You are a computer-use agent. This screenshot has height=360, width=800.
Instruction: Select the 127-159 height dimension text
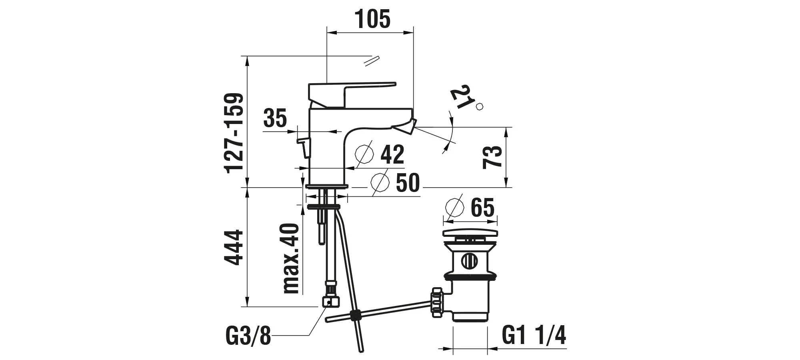[234, 133]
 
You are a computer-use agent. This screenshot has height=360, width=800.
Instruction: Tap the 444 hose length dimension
[234, 247]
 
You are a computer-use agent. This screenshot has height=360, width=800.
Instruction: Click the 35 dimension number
[275, 118]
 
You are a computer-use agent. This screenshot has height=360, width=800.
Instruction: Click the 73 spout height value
[492, 157]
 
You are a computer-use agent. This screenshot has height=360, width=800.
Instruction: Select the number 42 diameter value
[392, 155]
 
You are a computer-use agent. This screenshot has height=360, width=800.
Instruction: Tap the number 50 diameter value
[408, 183]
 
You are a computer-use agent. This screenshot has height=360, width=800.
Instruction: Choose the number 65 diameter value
[482, 207]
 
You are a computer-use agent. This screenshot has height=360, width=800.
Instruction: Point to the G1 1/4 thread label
[534, 336]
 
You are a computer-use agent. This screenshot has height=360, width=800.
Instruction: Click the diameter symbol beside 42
[364, 154]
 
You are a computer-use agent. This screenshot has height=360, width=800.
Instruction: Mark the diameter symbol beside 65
[454, 207]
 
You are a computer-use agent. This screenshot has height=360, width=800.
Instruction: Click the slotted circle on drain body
[469, 261]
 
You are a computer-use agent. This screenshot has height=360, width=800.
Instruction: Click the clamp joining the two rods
[354, 316]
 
